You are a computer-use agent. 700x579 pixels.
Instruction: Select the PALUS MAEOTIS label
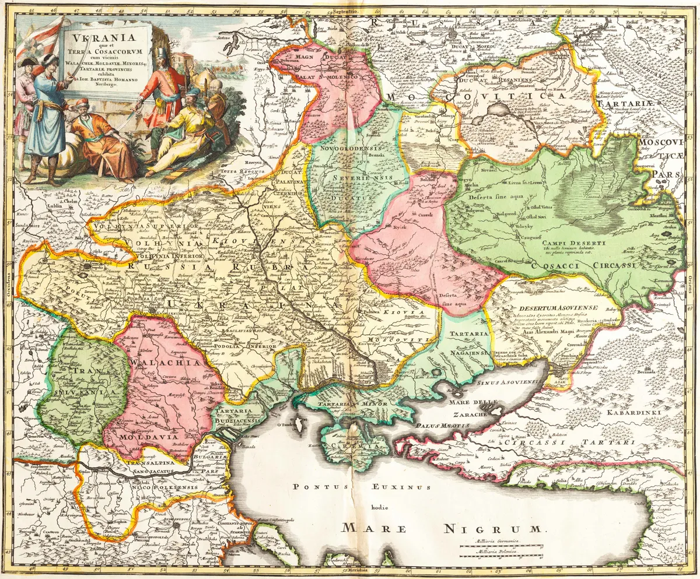coord(442,426)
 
